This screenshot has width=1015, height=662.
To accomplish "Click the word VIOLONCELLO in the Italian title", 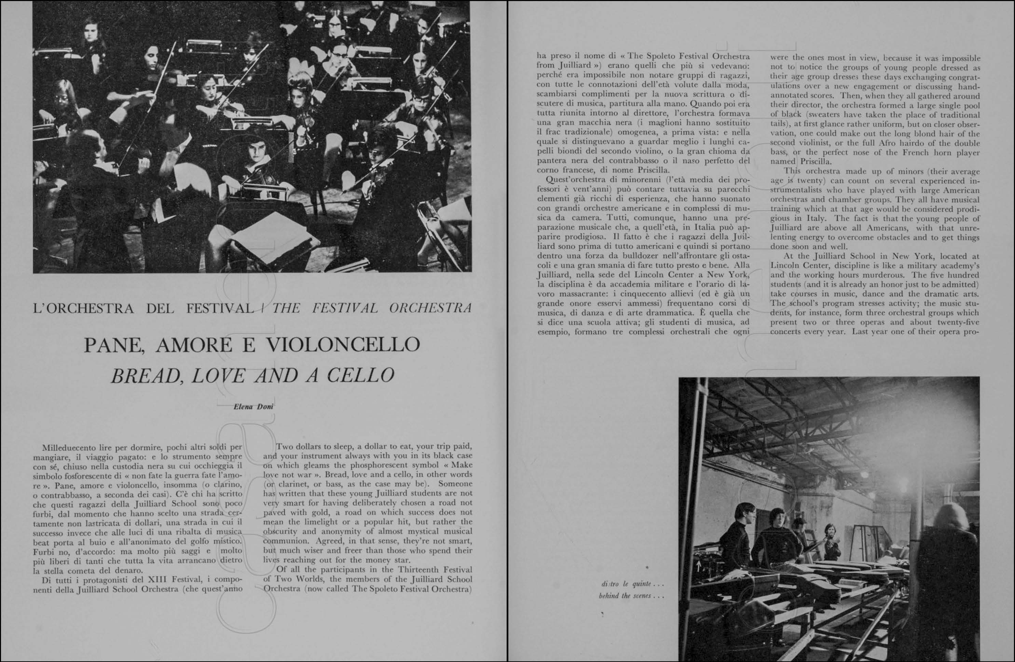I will tap(343, 345).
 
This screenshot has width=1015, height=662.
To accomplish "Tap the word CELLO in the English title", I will tap(360, 375).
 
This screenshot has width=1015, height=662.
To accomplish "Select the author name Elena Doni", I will tap(253, 406).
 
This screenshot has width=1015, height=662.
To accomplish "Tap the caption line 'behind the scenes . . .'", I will tap(631, 596).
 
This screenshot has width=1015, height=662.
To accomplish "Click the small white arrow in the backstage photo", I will tap(698, 566).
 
